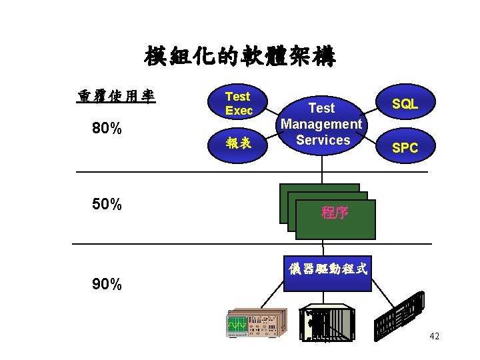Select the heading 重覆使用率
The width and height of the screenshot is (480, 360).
[x=116, y=97]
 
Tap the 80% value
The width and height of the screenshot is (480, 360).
[x=107, y=128]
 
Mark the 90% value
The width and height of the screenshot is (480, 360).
[x=107, y=285]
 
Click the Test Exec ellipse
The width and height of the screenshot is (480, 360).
[x=239, y=103]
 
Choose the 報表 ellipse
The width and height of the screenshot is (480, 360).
[x=239, y=142]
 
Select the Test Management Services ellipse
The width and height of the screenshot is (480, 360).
[x=322, y=123]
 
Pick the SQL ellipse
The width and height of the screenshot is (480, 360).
[x=405, y=103]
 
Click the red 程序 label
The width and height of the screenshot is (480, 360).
[x=335, y=213]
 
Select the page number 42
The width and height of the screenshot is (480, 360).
[x=435, y=337]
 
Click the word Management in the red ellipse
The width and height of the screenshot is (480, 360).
[x=322, y=124]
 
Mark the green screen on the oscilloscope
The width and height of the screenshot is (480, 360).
[x=237, y=325]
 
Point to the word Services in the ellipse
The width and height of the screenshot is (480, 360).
[x=323, y=140]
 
